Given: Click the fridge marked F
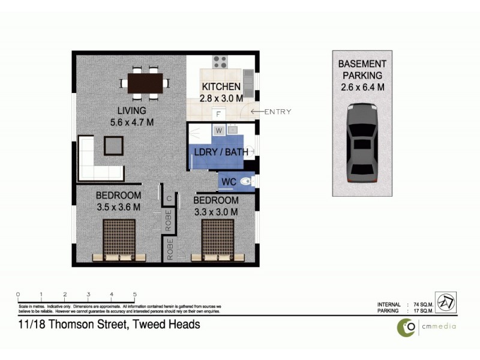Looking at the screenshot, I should pos(218,113).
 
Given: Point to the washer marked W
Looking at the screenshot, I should pos(218,130).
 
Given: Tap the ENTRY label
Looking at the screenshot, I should pos(277,112).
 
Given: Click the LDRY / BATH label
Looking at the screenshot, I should pos(220,152).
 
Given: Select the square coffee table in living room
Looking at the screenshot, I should pos(113,146).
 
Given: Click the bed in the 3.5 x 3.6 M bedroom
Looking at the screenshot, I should pos(119,240).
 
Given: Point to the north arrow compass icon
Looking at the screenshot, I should pos(445,303).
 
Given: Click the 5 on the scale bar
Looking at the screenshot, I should pos(135,295).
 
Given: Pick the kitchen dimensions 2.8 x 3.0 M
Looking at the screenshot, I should pos(221,98).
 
